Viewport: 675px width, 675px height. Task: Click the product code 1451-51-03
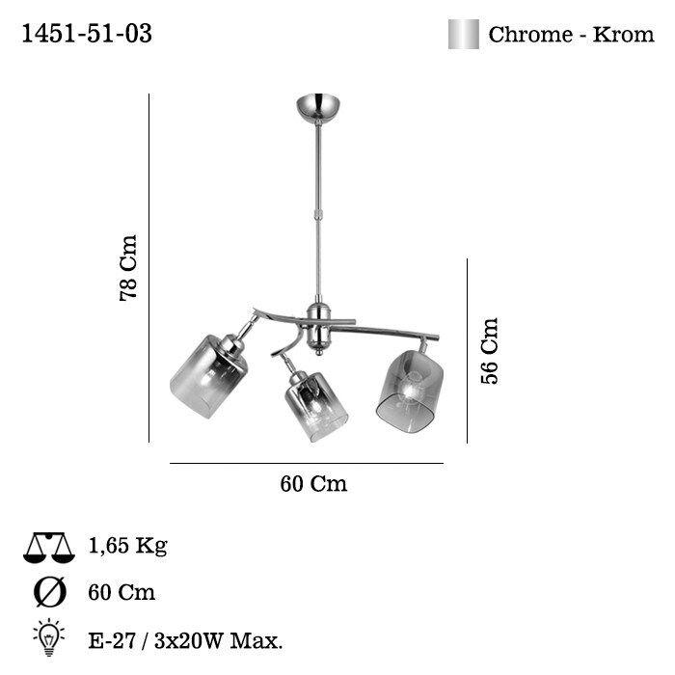coord(86,34)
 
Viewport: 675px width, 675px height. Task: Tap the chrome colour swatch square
coord(463,35)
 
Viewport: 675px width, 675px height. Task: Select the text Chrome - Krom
coord(571,35)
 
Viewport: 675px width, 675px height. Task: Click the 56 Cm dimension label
coord(491,350)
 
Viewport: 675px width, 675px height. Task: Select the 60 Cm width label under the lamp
coord(313,483)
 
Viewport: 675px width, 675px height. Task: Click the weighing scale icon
coord(48,548)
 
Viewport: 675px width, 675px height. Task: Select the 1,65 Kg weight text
coord(127,547)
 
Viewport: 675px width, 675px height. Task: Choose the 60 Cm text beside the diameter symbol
coord(121,592)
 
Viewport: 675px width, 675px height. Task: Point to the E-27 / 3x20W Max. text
coord(184,638)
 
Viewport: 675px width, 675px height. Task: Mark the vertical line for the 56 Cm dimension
coord(467,350)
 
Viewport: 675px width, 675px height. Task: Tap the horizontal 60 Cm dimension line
coord(307,464)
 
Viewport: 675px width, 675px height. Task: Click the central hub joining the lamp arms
coord(316,326)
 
